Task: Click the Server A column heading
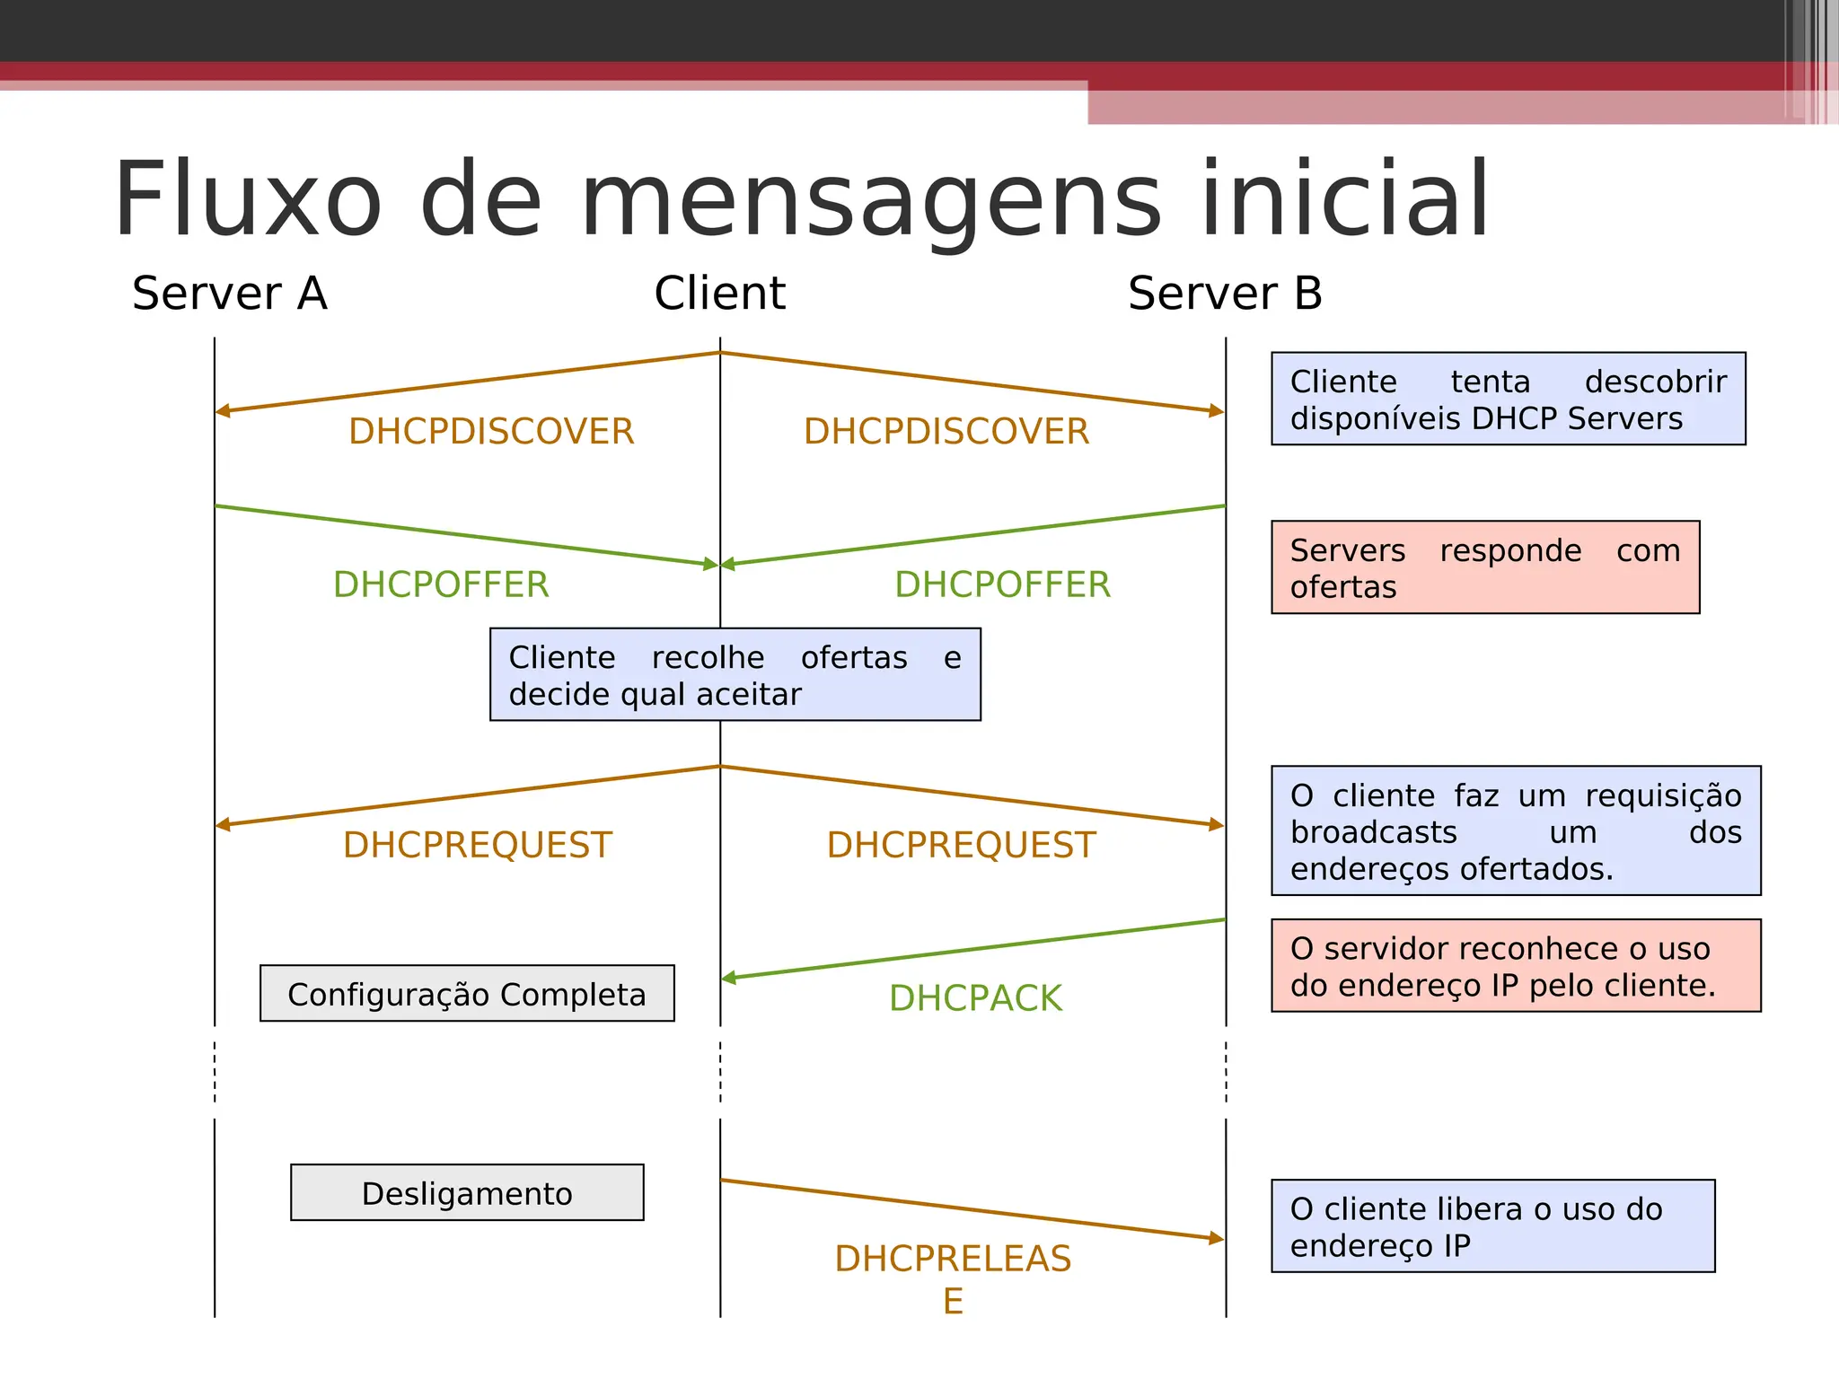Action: tap(230, 294)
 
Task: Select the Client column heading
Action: tap(719, 294)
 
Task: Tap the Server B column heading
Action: tap(1225, 294)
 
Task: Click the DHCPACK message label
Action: tap(975, 998)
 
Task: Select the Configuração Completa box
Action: tap(467, 994)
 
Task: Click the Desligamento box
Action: tap(467, 1193)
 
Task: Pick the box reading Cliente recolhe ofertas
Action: tap(735, 675)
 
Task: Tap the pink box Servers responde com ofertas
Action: tap(1485, 567)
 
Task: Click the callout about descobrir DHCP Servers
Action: tap(1508, 400)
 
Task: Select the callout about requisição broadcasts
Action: tap(1516, 831)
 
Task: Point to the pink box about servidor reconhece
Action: tap(1516, 966)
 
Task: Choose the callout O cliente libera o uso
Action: tap(1492, 1226)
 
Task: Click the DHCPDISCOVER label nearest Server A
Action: tap(491, 432)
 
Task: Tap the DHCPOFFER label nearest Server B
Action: tap(1002, 584)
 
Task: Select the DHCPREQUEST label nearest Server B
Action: tap(961, 846)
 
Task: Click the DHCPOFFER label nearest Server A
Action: tap(441, 584)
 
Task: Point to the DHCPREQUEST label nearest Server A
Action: tap(478, 846)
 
